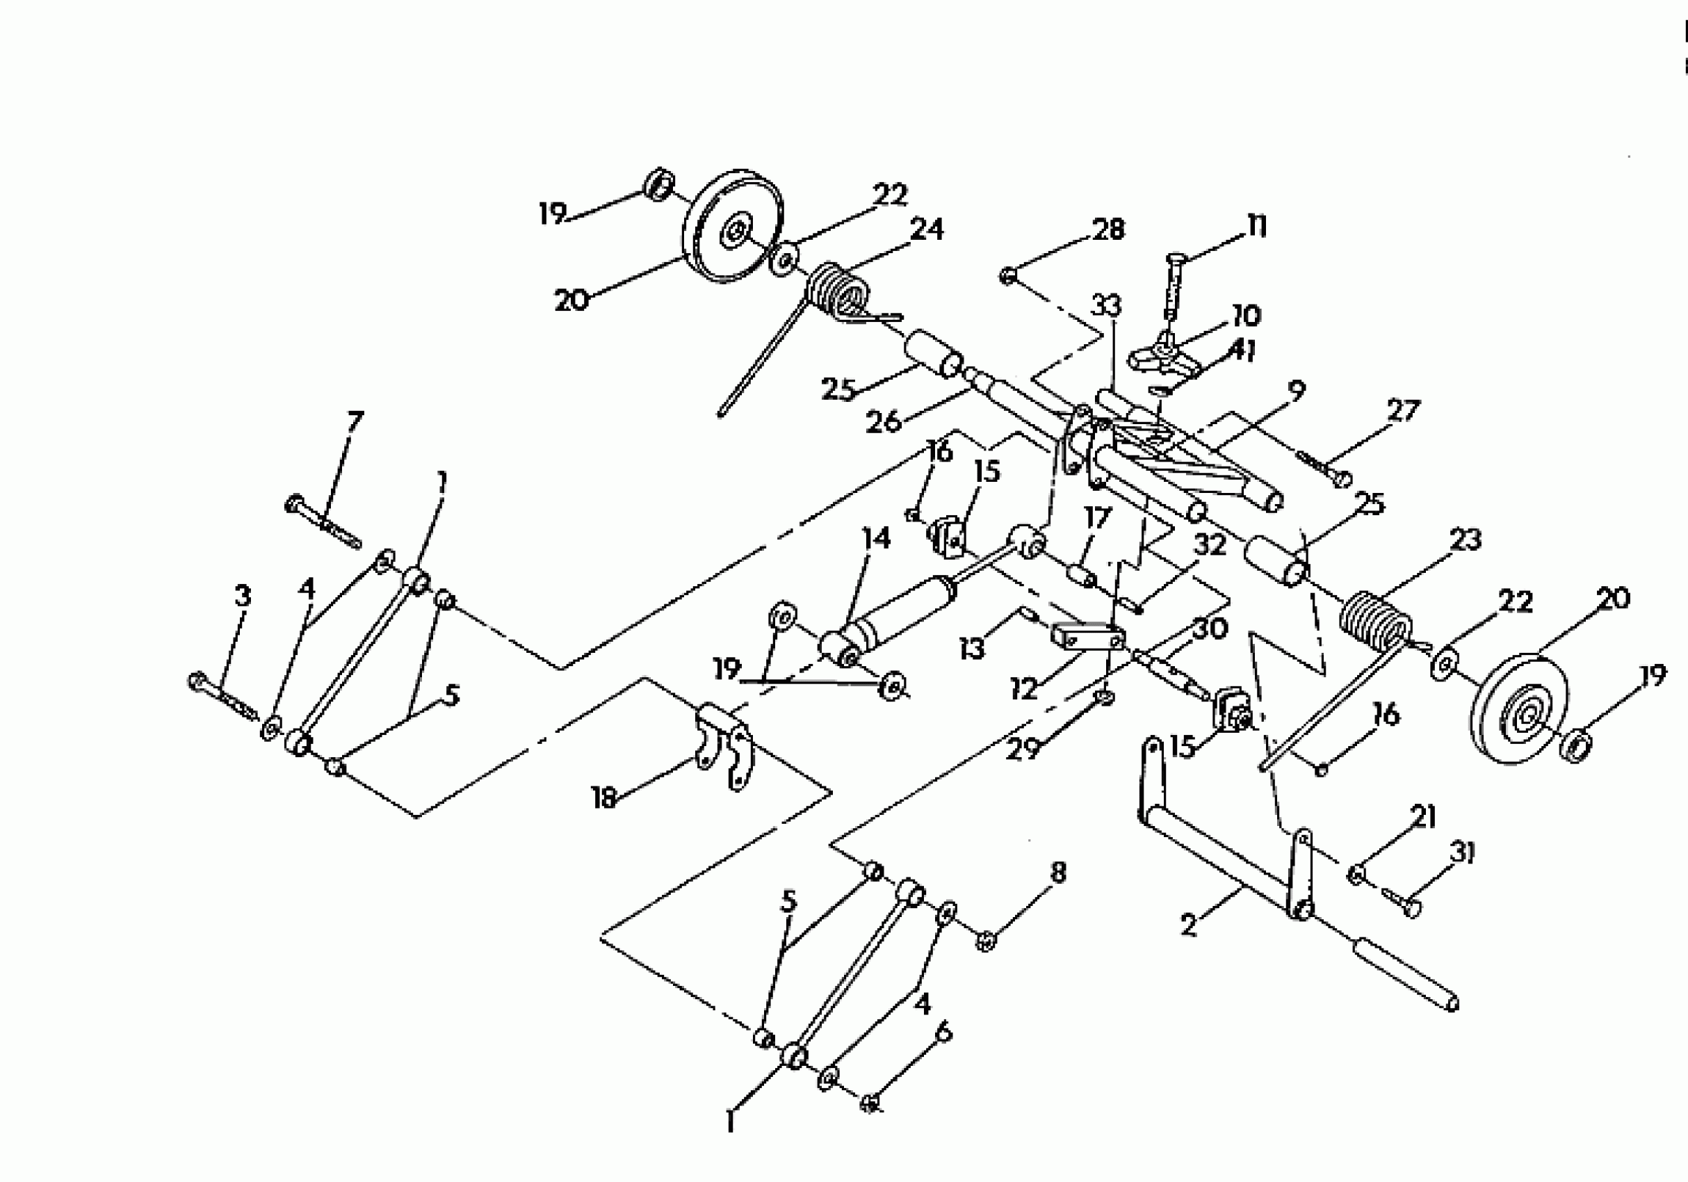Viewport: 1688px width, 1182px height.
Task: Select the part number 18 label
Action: (603, 798)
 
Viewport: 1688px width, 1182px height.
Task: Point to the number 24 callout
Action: (926, 229)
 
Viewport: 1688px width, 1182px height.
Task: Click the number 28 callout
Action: (1109, 229)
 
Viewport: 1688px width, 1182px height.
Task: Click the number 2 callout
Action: (1190, 924)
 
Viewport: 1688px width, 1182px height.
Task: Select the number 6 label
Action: (944, 1032)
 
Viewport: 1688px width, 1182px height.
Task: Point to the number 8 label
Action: (1058, 873)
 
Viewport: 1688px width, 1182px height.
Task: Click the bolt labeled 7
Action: (323, 523)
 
